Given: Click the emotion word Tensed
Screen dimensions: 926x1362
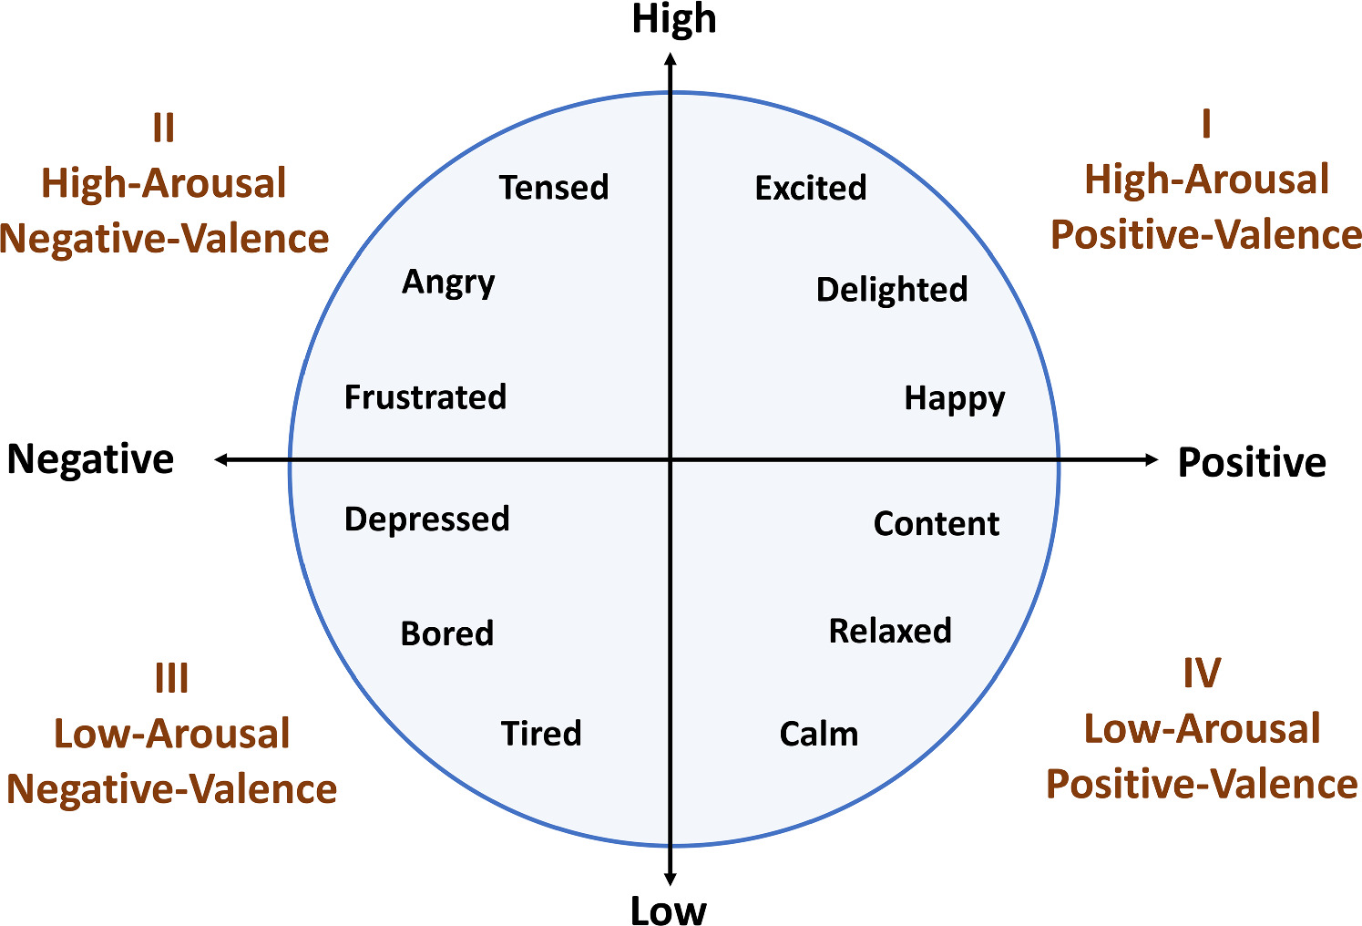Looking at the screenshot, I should [554, 187].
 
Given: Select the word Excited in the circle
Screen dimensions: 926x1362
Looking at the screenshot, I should [811, 188].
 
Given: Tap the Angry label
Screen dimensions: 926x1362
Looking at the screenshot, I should [448, 283].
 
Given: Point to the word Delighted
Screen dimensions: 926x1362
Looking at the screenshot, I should [892, 290].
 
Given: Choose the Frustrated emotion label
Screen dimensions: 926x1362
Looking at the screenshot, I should [425, 397].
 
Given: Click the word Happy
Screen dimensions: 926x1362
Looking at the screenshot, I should [955, 399].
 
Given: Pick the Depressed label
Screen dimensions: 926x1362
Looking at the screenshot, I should [426, 520].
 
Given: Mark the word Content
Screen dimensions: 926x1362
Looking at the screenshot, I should [937, 524].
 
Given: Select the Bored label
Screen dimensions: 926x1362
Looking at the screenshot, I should [447, 633].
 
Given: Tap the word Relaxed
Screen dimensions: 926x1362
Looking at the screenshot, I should [890, 631].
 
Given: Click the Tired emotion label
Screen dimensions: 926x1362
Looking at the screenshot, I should [541, 734].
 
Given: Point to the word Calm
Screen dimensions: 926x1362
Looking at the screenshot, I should [819, 734].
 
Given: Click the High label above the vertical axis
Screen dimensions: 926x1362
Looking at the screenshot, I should [674, 20].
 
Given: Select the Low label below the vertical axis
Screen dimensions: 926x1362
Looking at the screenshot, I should [669, 911].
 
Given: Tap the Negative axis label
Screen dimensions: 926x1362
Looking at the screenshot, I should [90, 459].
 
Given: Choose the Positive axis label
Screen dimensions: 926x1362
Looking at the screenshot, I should [1252, 462].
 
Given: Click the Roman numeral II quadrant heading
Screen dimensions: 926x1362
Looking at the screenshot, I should [164, 129].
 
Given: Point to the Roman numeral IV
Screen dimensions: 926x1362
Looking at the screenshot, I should [1202, 674].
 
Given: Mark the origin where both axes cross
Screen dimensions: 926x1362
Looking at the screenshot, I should [671, 459].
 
